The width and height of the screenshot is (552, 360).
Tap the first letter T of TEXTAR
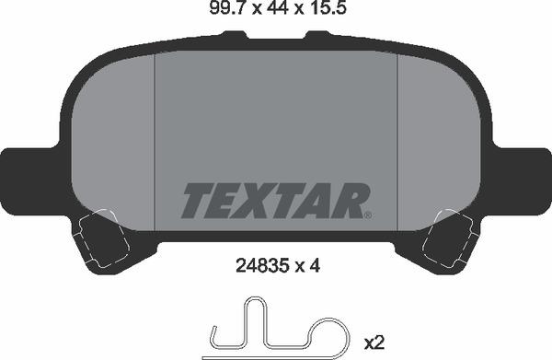(196, 200)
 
